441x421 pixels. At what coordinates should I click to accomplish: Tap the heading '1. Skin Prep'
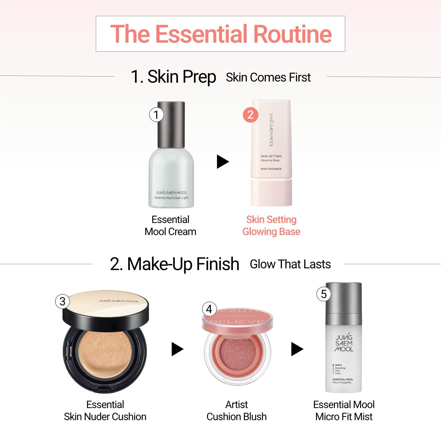click(173, 77)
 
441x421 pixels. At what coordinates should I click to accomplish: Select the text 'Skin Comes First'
click(268, 77)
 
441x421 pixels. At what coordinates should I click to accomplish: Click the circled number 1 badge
click(156, 115)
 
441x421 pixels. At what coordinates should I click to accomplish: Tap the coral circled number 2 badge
click(250, 115)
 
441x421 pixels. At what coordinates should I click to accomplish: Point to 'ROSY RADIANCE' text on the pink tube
click(271, 169)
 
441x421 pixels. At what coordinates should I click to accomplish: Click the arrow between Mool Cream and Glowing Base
click(223, 162)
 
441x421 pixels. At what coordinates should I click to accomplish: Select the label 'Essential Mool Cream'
click(170, 225)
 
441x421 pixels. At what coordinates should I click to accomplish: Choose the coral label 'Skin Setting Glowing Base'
click(271, 225)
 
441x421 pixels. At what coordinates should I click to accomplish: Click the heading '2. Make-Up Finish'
click(174, 264)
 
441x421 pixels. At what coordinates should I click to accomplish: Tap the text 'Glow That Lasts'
click(290, 264)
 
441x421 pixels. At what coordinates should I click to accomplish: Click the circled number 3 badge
click(62, 301)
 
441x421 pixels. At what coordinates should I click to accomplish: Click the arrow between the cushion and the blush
click(177, 349)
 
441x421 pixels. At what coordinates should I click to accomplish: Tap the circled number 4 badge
click(209, 309)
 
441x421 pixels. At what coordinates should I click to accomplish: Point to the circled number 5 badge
click(324, 294)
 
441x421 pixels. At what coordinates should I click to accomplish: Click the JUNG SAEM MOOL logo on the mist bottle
click(344, 343)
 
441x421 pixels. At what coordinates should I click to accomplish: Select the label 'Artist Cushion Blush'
click(236, 410)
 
